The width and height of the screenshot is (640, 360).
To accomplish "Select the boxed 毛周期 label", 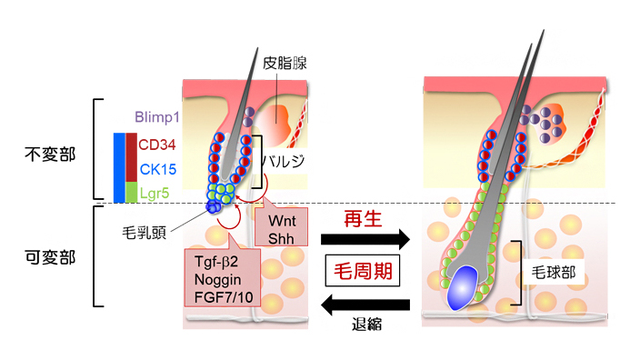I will tap(365, 271).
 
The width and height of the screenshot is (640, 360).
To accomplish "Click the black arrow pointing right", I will tap(365, 240).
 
